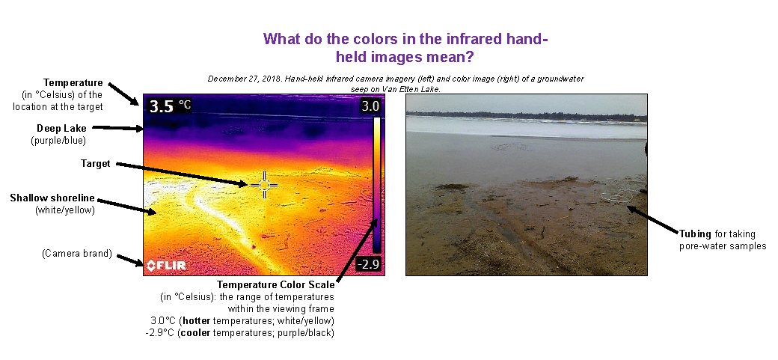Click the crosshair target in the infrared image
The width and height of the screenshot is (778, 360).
point(264,185)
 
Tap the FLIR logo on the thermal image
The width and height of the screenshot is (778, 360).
point(166,266)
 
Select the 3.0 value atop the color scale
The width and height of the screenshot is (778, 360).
point(370,106)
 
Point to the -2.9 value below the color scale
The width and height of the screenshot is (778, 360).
point(369,264)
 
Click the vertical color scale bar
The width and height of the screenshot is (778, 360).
point(376,185)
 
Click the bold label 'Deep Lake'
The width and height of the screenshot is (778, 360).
point(61,128)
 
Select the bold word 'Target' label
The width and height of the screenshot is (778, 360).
point(95,163)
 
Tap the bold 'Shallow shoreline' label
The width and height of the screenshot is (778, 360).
point(52,198)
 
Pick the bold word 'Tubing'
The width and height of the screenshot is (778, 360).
point(693,234)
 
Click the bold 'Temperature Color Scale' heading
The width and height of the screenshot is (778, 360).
point(275,285)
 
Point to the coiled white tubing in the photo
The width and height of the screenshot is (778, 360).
point(616,197)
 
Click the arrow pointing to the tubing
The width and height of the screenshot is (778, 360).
point(652,219)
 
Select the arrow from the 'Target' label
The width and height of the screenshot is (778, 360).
point(181,174)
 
